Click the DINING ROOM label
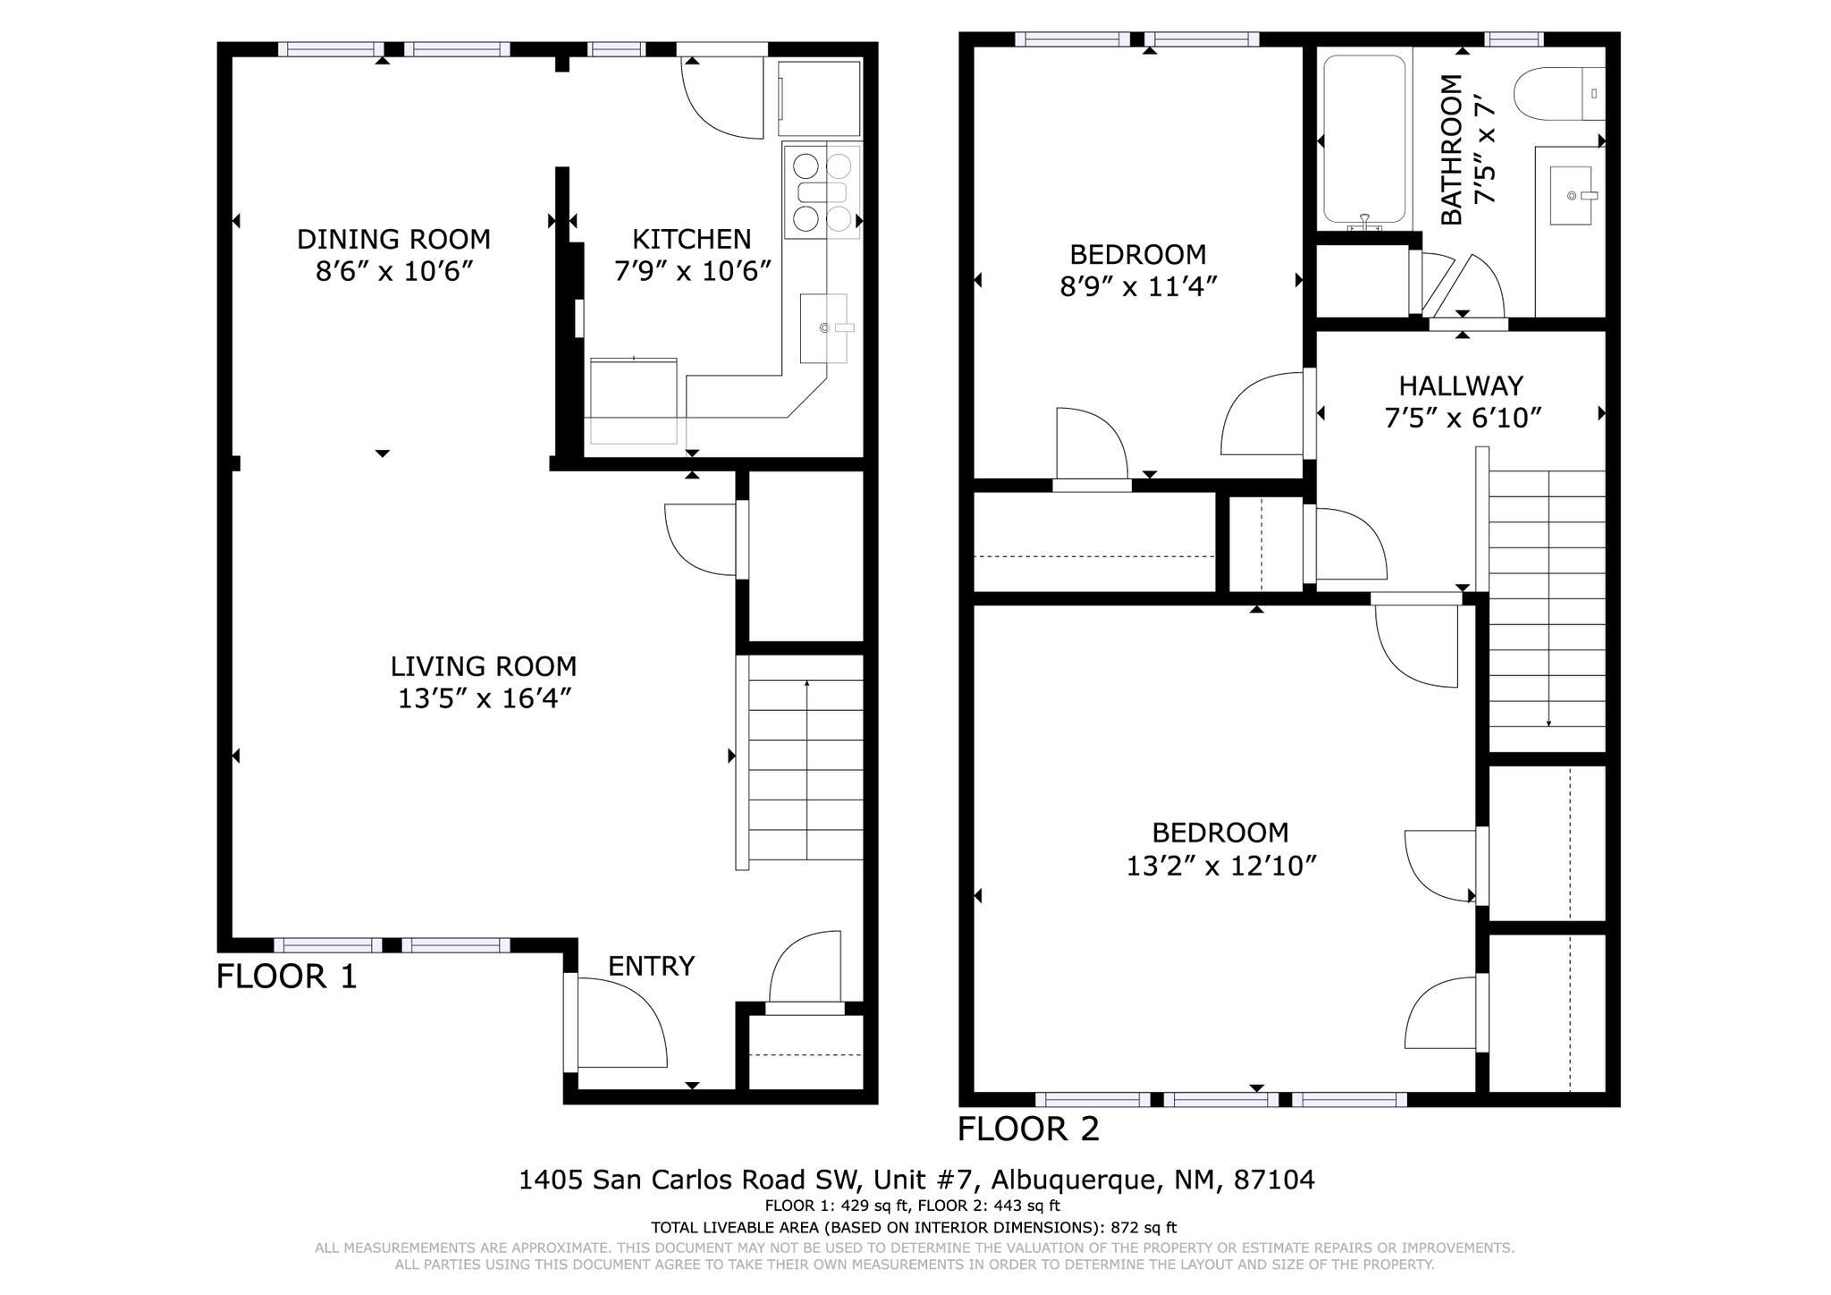tap(393, 239)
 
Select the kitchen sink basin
tap(823, 328)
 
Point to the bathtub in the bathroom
tap(1363, 139)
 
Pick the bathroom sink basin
tap(1570, 195)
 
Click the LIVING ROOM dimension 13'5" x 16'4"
tap(484, 698)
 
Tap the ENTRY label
tap(651, 966)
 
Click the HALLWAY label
tap(1461, 385)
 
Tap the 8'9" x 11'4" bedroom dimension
tap(1138, 287)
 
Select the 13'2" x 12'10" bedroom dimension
tap(1220, 866)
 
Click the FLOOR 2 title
tap(1028, 1129)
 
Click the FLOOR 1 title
tap(286, 976)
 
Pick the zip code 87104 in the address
tap(1274, 1180)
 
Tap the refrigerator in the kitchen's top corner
tap(819, 98)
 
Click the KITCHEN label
tap(691, 239)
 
